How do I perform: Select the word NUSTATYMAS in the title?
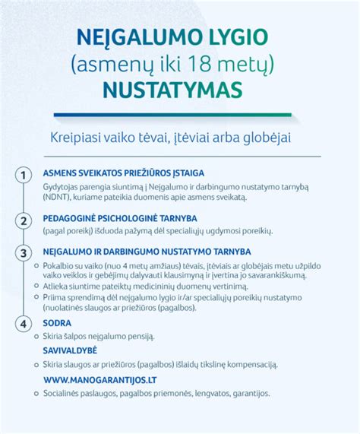coord(180,90)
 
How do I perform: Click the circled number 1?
coord(25,176)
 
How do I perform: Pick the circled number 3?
coord(25,252)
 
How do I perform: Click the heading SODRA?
coord(59,322)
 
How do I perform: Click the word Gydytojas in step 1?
coord(62,186)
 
